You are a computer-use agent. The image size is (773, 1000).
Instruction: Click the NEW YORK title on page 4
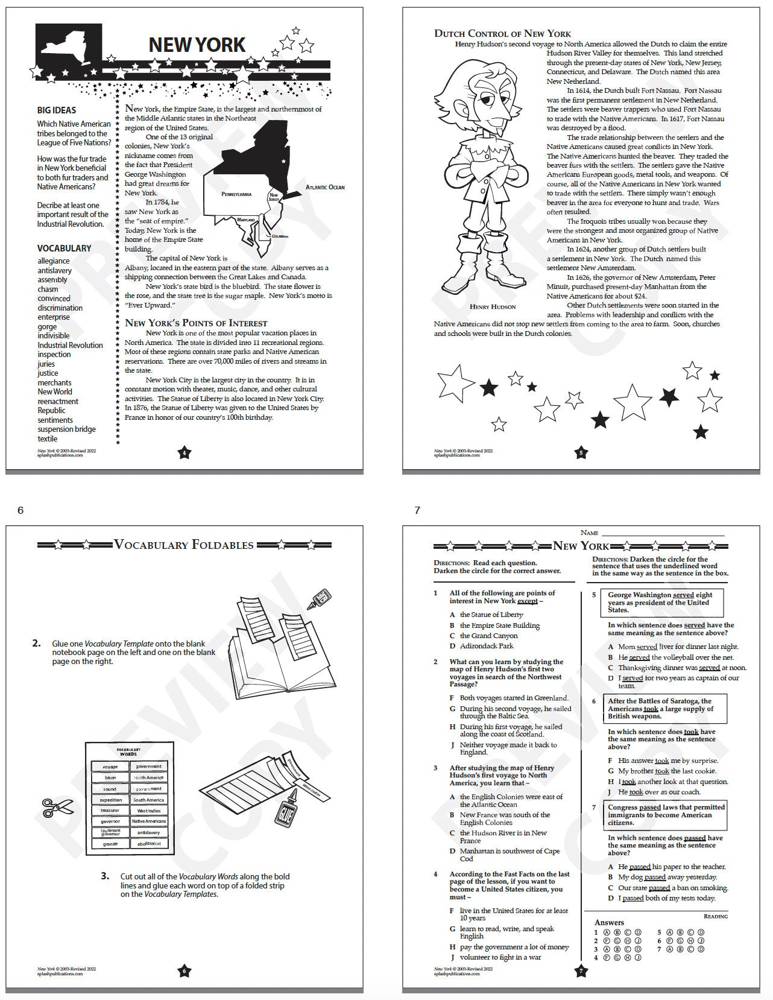click(197, 45)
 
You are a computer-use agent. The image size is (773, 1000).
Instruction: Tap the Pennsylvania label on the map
click(236, 194)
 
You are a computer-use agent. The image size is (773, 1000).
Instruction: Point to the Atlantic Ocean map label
click(325, 188)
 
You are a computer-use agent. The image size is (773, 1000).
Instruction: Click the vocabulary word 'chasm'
click(48, 290)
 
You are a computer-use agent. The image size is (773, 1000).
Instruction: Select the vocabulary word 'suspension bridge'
click(66, 429)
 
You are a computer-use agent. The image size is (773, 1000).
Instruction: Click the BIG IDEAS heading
click(57, 110)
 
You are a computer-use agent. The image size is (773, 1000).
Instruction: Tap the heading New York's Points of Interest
click(196, 323)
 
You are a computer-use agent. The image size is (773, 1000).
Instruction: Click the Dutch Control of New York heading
click(502, 34)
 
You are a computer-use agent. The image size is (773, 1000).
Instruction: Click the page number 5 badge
click(581, 453)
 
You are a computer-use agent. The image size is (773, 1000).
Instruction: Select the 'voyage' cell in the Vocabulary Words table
click(110, 767)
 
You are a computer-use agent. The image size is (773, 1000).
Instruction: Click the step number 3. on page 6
click(105, 876)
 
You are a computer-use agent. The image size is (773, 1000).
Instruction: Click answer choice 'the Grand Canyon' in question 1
click(488, 636)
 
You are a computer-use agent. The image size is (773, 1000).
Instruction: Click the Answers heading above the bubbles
click(609, 922)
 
